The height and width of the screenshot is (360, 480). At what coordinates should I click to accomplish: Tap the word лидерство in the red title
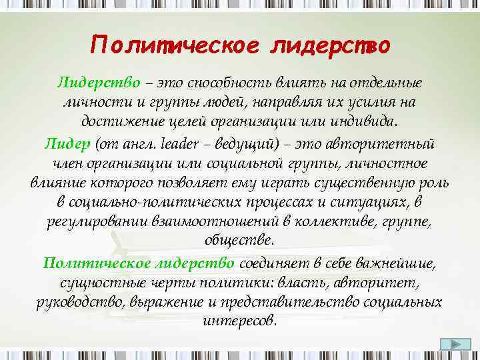[329, 45]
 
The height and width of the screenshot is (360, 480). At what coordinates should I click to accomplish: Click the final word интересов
[239, 321]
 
